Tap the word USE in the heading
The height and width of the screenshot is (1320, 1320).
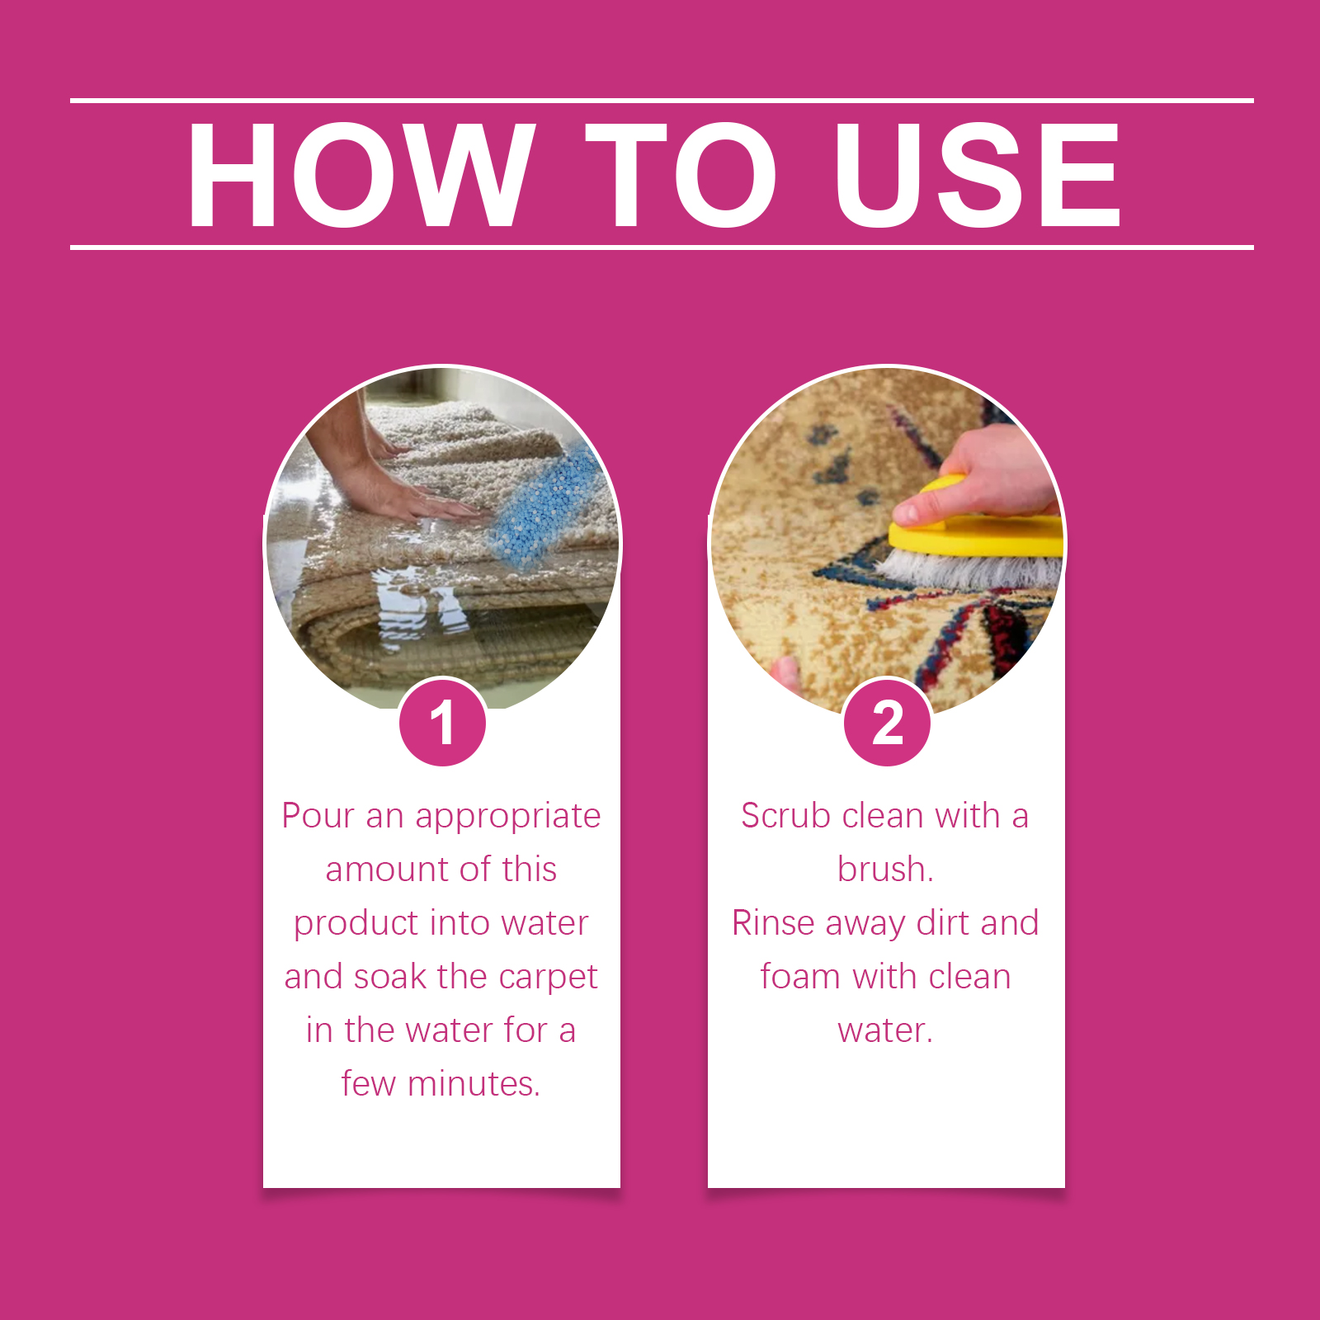pyautogui.click(x=978, y=174)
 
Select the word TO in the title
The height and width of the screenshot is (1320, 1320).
pyautogui.click(x=681, y=174)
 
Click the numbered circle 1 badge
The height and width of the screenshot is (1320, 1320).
pyautogui.click(x=442, y=723)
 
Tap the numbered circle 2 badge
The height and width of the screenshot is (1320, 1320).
pyautogui.click(x=887, y=723)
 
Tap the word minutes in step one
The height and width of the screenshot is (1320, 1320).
pyautogui.click(x=474, y=1084)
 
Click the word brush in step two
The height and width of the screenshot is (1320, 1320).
pyautogui.click(x=884, y=869)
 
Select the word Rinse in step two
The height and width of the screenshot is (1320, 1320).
pyautogui.click(x=774, y=923)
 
